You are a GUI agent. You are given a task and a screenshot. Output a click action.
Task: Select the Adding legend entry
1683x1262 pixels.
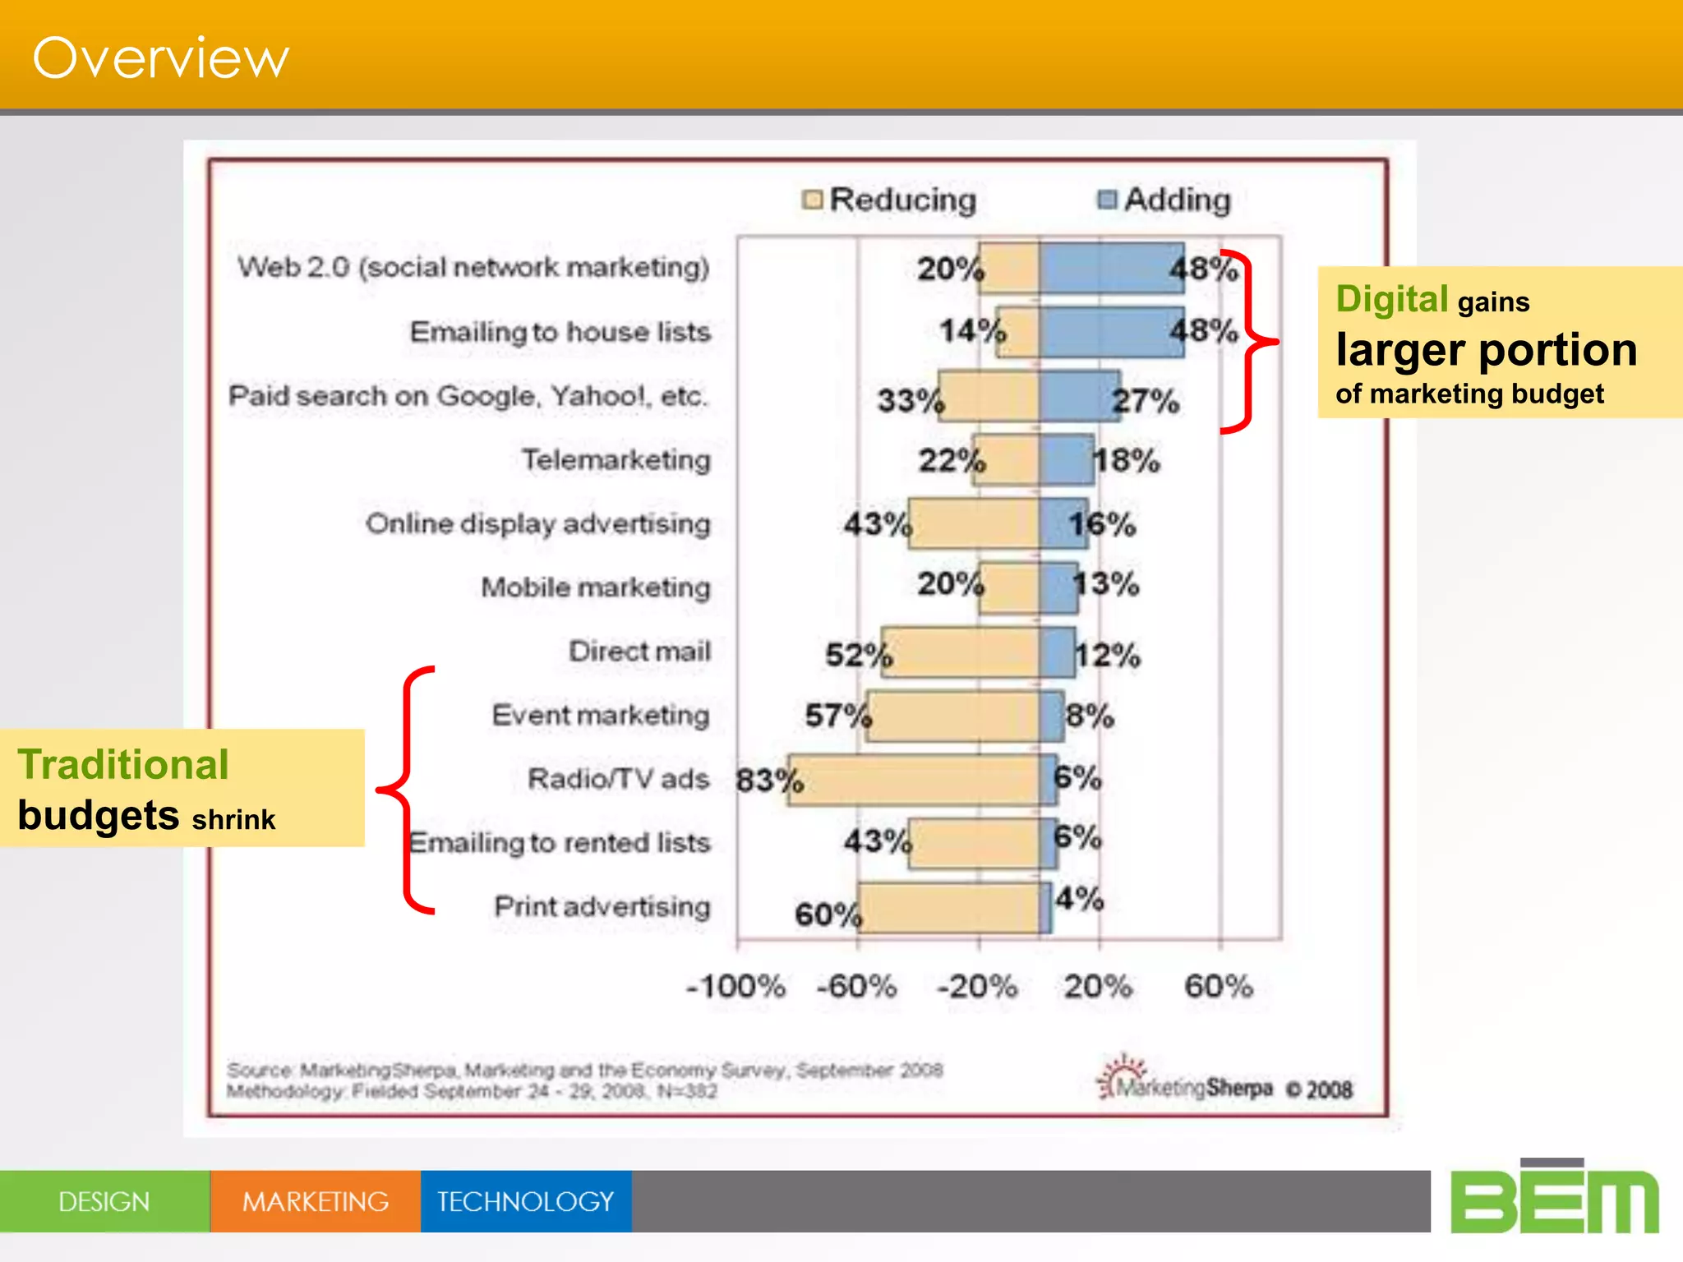[x=1165, y=200]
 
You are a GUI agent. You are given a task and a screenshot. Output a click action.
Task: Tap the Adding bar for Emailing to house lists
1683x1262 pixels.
[x=1111, y=332]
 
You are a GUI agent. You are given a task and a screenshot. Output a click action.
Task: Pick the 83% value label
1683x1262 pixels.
[x=769, y=780]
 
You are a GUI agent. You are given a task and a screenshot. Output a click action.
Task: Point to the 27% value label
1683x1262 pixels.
[x=1146, y=402]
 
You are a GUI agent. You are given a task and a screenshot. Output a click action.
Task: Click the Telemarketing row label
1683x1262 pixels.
[x=616, y=459]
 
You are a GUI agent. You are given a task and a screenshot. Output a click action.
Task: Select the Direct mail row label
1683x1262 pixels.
[x=639, y=652]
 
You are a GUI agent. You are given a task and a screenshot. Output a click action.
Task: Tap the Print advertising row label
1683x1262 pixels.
[x=602, y=907]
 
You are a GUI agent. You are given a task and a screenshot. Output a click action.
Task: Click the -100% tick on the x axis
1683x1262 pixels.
[x=736, y=986]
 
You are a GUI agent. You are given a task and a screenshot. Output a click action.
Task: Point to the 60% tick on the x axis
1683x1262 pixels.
[x=1219, y=986]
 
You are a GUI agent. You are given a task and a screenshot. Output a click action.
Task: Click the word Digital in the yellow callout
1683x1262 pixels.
[x=1391, y=299]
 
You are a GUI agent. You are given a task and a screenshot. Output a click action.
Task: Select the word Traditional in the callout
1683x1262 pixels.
[x=123, y=765]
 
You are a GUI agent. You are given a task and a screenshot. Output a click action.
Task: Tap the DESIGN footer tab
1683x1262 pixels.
[x=104, y=1201]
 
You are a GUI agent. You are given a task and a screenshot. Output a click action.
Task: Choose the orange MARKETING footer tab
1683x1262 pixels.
[x=316, y=1201]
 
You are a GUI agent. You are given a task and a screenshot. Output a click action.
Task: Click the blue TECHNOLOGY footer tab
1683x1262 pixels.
[x=526, y=1201]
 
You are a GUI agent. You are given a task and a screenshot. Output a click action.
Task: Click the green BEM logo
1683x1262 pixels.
[x=1554, y=1200]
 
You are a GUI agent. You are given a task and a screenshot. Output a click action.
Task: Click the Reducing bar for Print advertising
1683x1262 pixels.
[x=948, y=908]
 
